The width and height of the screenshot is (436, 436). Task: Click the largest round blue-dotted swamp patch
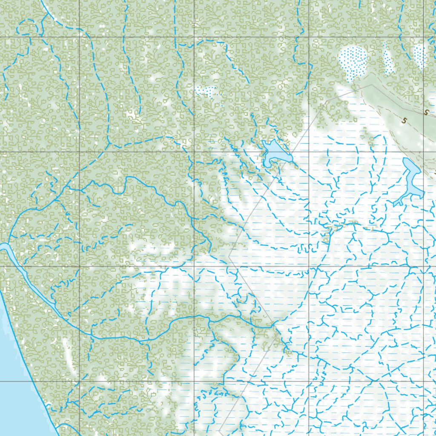(x=353, y=62)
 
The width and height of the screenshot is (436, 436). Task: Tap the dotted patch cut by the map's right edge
(x=419, y=56)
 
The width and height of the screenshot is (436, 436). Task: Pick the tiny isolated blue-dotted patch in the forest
(x=207, y=91)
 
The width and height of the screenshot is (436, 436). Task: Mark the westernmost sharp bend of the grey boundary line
(x=229, y=257)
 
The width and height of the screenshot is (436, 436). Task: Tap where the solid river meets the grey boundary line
(x=273, y=326)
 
